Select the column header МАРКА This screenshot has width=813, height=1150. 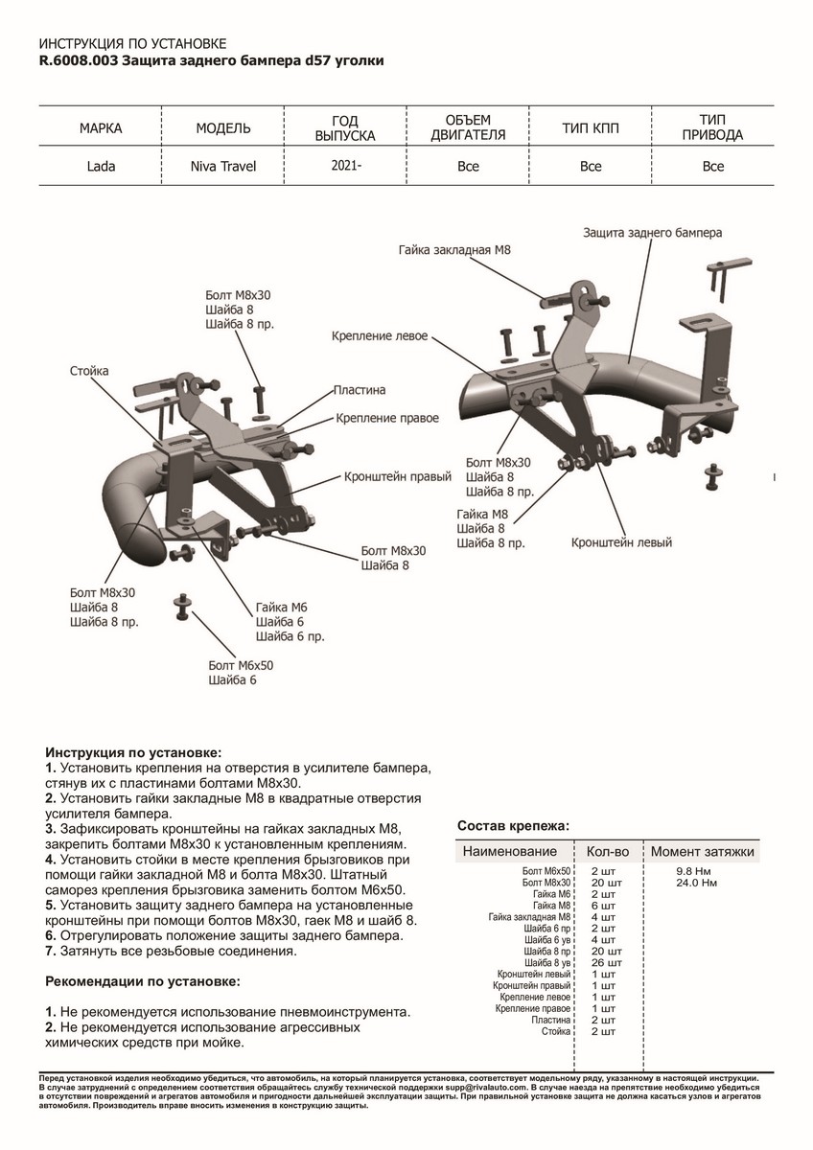(x=101, y=128)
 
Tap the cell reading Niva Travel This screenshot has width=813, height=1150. (x=223, y=166)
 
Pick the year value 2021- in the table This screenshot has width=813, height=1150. (x=346, y=165)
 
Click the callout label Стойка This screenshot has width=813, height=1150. (x=89, y=371)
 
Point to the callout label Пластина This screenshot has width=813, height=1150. (x=360, y=391)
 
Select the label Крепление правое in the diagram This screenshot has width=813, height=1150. (x=387, y=419)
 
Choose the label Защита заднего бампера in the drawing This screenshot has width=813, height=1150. (x=652, y=233)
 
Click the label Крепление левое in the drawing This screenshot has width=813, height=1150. (x=380, y=337)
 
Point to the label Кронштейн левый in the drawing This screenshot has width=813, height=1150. (x=621, y=542)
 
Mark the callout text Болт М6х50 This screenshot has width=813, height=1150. (x=241, y=665)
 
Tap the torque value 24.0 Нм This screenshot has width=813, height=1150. (x=697, y=882)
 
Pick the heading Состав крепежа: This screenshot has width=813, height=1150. (x=513, y=825)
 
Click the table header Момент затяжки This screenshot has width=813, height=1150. (x=703, y=851)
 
